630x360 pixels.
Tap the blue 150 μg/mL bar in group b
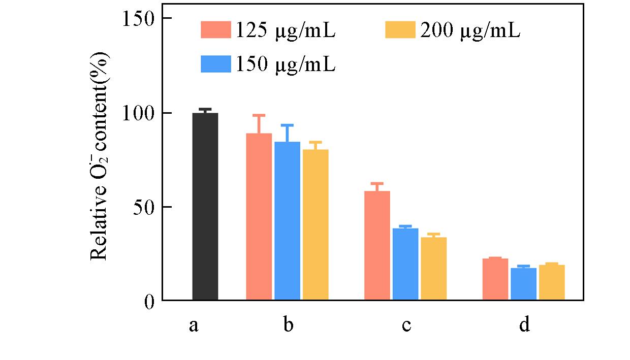[x=287, y=221]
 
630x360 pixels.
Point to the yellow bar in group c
[x=434, y=269]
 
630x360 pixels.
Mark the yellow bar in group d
[x=552, y=282]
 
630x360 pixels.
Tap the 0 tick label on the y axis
[x=148, y=301]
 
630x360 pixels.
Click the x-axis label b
[x=288, y=324]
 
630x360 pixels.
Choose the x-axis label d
[x=524, y=324]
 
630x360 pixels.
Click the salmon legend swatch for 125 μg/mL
[x=216, y=30]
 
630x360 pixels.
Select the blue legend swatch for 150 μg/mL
[x=216, y=64]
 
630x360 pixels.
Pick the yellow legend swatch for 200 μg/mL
[x=401, y=30]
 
